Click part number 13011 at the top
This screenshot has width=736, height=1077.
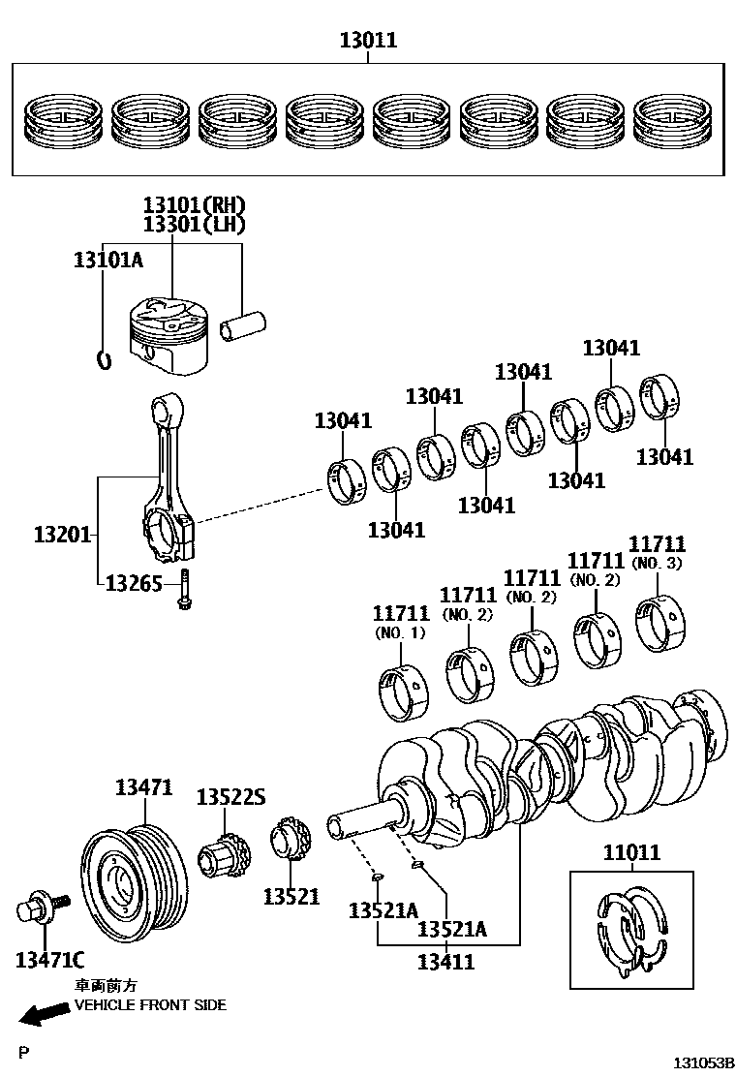click(368, 41)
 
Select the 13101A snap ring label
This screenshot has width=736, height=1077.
click(108, 260)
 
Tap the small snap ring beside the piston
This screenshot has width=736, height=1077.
click(106, 359)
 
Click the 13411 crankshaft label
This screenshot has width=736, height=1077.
click(445, 962)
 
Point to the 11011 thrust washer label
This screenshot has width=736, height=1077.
click(631, 852)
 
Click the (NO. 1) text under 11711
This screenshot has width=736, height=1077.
click(399, 632)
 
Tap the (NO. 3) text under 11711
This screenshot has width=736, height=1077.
click(657, 563)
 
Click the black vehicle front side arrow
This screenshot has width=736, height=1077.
click(43, 1014)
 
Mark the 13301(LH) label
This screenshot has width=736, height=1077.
click(194, 225)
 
